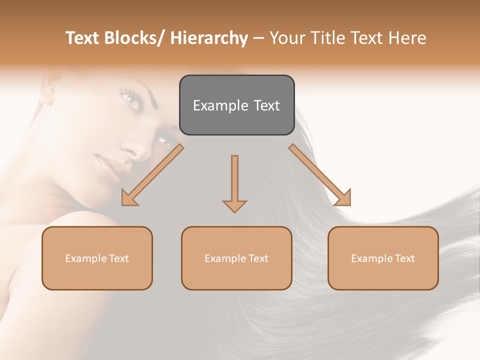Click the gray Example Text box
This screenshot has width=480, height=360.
pyautogui.click(x=236, y=105)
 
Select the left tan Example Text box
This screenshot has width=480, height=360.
pyautogui.click(x=97, y=258)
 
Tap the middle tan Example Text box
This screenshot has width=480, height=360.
pyautogui.click(x=236, y=258)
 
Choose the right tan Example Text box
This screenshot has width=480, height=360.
pyautogui.click(x=383, y=258)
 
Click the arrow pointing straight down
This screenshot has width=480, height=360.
pyautogui.click(x=234, y=182)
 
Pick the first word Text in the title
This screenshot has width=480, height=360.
pyautogui.click(x=83, y=38)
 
